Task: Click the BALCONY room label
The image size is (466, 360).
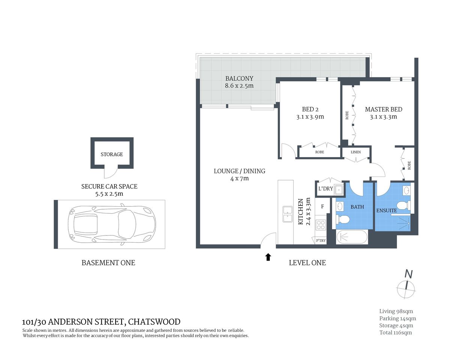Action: click(239, 78)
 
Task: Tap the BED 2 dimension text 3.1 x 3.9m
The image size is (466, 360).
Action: click(310, 117)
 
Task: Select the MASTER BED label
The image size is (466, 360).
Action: click(383, 109)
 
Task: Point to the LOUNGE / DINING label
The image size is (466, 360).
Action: click(239, 171)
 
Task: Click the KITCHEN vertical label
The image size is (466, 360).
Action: click(301, 212)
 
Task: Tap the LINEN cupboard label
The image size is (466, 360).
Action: click(356, 152)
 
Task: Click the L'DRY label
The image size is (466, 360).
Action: click(325, 189)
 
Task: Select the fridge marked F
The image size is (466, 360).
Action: click(322, 206)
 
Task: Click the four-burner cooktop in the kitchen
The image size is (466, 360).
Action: click(321, 225)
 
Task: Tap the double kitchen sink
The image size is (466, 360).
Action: click(287, 214)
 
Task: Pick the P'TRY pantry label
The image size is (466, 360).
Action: click(321, 241)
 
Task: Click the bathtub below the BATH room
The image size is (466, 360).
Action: click(352, 237)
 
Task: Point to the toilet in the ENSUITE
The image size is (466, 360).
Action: click(403, 205)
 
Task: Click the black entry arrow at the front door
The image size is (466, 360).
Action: click(268, 257)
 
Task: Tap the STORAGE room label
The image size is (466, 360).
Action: click(112, 154)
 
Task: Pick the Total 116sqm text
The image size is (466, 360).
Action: click(395, 332)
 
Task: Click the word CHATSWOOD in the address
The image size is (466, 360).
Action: click(154, 322)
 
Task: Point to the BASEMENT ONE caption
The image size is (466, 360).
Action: click(108, 263)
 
